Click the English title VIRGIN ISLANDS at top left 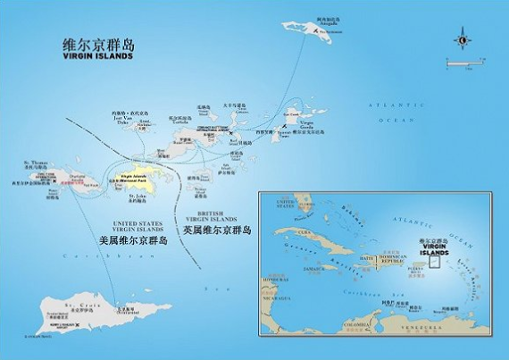pyautogui.click(x=99, y=55)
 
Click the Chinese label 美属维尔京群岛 pyautogui.click(x=135, y=240)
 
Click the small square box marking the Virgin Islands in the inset pyautogui.click(x=434, y=258)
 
